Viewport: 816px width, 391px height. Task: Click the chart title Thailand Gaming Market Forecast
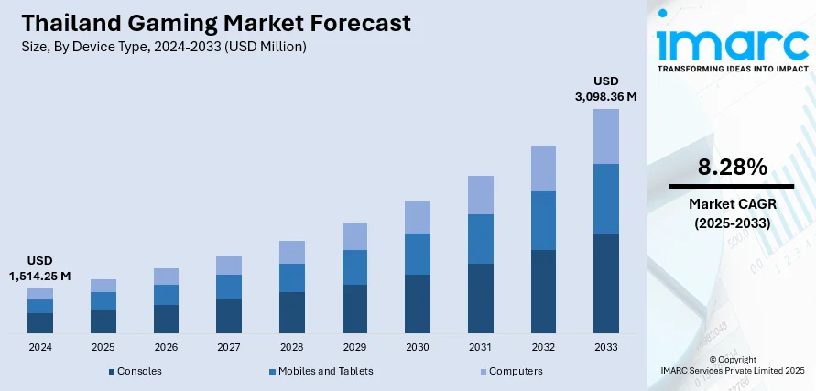[x=211, y=23]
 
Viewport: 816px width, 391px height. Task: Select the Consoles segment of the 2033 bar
[x=606, y=283]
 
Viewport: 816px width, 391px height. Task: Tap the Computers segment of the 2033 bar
[x=606, y=136]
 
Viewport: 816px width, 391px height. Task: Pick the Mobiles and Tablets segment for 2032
[x=543, y=221]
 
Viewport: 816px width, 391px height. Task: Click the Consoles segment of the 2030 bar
[x=418, y=303]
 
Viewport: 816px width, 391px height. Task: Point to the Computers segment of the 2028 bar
[x=292, y=252]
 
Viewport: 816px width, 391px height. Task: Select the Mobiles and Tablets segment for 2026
[x=166, y=295]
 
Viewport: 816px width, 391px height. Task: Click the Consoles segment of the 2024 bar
[x=40, y=322]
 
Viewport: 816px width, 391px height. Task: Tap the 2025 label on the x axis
[x=103, y=348]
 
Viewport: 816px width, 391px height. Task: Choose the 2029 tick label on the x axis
[x=354, y=348]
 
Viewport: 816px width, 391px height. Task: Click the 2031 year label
[x=480, y=348]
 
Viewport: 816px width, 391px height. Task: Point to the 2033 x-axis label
[x=606, y=348]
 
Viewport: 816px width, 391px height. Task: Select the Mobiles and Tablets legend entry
[x=321, y=371]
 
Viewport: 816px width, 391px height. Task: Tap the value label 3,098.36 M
[x=605, y=95]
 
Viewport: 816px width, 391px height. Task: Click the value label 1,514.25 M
[x=40, y=276]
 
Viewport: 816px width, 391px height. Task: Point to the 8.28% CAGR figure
[x=731, y=167]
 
